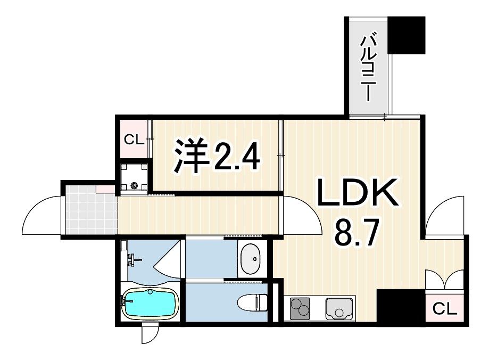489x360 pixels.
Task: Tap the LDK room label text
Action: click(x=358, y=195)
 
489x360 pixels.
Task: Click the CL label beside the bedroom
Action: click(x=134, y=140)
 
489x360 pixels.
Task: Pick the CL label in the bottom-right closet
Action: click(x=444, y=309)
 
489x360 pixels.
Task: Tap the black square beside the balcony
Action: click(x=407, y=35)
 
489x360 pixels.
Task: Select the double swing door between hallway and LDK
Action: click(x=302, y=216)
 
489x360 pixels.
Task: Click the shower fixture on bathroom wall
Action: click(x=132, y=260)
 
